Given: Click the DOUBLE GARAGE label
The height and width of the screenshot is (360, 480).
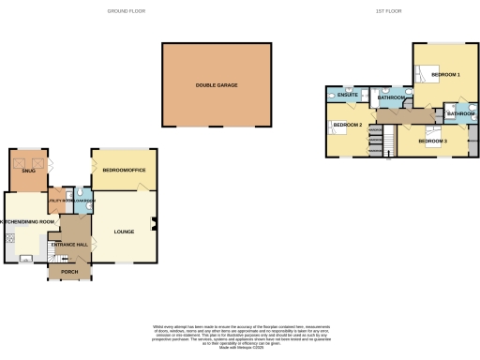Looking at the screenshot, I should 217,85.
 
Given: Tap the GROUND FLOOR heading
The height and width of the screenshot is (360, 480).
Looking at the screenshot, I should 125,10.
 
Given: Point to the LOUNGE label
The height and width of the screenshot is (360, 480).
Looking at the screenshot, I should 124,231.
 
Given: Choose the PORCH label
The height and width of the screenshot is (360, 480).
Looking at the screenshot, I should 69,273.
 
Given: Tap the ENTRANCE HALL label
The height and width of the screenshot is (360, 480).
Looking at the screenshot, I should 75,244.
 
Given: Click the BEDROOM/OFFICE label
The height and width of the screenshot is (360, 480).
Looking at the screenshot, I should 124,170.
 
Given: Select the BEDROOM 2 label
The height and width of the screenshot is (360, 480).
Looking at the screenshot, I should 348,124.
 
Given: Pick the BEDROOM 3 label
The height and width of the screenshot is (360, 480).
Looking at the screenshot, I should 432,141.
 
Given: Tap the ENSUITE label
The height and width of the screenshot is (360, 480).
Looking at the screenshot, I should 348,96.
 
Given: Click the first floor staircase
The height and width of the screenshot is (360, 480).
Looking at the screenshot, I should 376,141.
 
